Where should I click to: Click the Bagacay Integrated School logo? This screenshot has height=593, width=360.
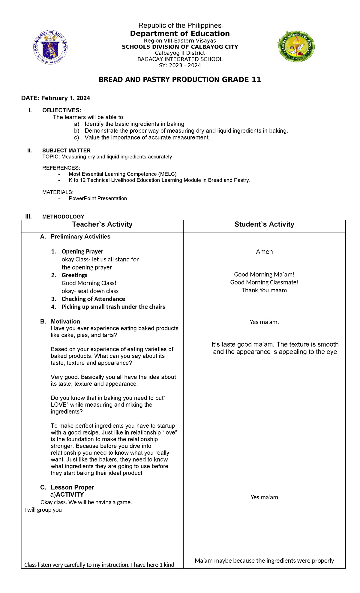click(295, 46)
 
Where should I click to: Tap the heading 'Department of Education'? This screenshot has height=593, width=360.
click(180, 33)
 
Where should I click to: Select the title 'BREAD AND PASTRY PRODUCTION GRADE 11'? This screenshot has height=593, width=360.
click(180, 80)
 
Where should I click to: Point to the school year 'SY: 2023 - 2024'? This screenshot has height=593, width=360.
click(180, 65)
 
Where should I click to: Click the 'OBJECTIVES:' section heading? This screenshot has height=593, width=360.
click(61, 110)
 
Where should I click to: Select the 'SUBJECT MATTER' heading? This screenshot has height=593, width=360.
click(66, 150)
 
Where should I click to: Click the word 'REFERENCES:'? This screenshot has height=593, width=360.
click(61, 168)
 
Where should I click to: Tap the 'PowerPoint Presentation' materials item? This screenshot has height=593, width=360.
click(98, 198)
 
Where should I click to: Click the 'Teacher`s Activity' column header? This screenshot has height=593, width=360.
click(102, 224)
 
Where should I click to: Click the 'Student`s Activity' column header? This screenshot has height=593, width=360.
click(264, 224)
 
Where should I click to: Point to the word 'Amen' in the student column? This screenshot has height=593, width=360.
click(264, 252)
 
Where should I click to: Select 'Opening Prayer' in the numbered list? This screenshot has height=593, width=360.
click(82, 251)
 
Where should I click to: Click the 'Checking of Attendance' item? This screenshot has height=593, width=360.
click(93, 299)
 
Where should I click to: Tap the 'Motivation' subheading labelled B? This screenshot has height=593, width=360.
click(65, 321)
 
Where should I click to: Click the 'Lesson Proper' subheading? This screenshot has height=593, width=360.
click(72, 487)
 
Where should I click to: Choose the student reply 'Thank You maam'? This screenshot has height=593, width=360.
click(264, 290)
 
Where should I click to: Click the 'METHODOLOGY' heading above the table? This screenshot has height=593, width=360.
click(63, 216)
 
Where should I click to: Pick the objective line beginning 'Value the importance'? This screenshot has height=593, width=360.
click(147, 137)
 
